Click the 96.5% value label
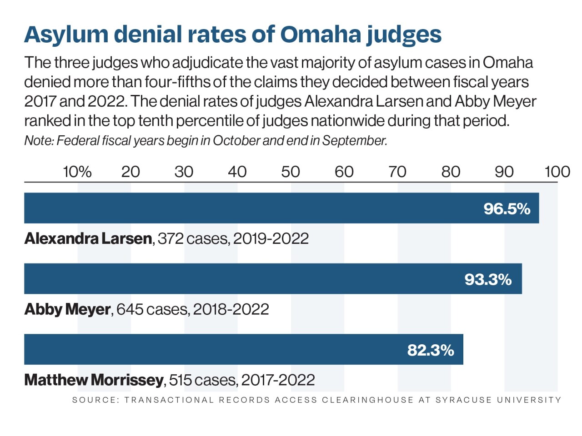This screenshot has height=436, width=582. point(507,208)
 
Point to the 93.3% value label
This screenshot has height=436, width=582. point(488,279)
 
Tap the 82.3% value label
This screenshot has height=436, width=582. point(430,350)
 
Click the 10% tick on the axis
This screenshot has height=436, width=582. point(77,172)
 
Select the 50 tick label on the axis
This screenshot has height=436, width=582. point(290,172)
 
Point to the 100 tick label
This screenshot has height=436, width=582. point(557,172)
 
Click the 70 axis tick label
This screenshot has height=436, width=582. point(397,172)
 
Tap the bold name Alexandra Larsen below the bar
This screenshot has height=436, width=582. point(88,238)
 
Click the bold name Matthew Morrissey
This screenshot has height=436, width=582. point(94,380)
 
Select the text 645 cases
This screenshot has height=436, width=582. point(152,309)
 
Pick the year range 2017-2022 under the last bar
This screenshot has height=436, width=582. point(278,380)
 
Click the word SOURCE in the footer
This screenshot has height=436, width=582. point(95,400)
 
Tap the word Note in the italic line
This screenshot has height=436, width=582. point(38,141)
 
